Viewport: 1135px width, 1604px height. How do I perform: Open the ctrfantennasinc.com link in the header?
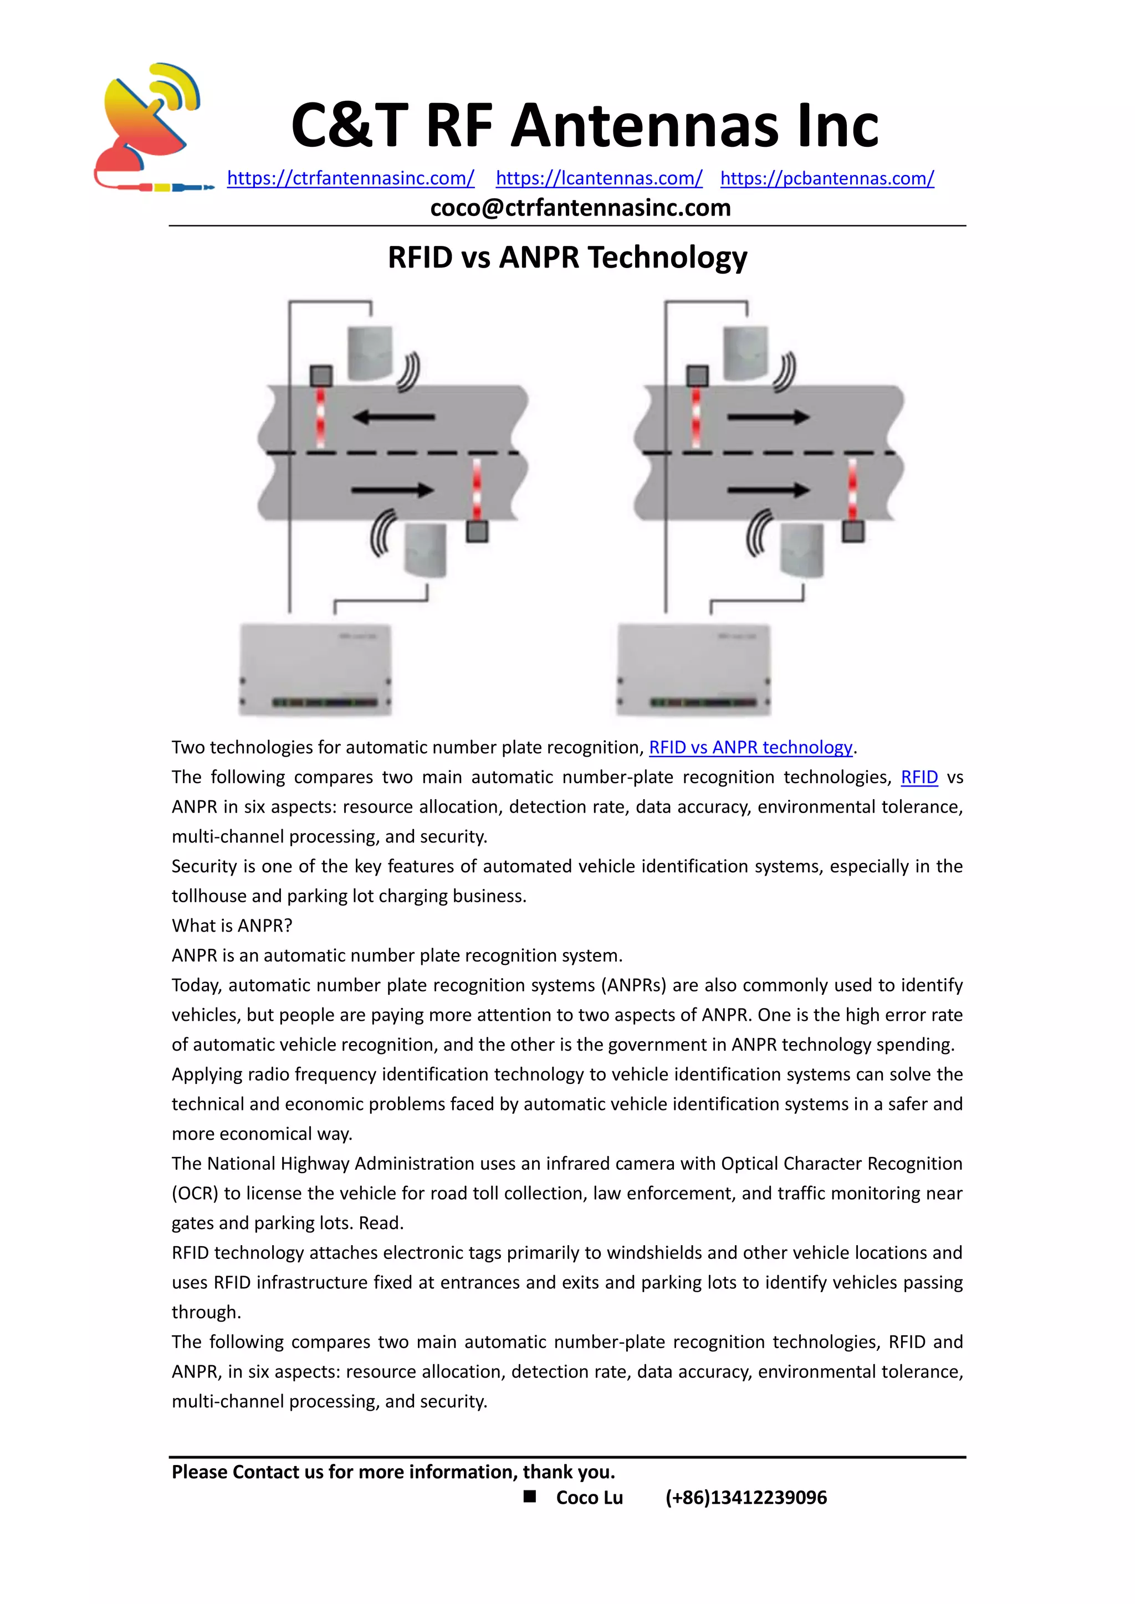tap(350, 178)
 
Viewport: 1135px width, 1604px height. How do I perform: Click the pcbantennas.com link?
tap(827, 178)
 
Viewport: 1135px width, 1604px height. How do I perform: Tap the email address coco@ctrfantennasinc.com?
tap(580, 208)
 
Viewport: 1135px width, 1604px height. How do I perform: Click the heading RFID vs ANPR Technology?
tap(567, 257)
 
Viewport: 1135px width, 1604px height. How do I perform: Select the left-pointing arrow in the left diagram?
tap(393, 418)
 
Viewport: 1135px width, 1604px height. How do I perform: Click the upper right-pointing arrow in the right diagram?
tap(768, 418)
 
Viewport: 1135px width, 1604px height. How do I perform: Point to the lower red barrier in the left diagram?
tap(477, 490)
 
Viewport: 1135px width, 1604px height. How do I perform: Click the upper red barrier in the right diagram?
tap(696, 418)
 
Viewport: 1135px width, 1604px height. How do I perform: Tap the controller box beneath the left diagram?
tap(315, 669)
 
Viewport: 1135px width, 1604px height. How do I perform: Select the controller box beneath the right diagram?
tap(693, 669)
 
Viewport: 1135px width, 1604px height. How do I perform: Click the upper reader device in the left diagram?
tap(370, 353)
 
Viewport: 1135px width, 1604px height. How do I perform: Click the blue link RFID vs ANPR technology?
tap(750, 748)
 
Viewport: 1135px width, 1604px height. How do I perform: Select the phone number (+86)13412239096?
tap(746, 1498)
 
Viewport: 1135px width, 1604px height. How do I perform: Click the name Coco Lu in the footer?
tap(589, 1498)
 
